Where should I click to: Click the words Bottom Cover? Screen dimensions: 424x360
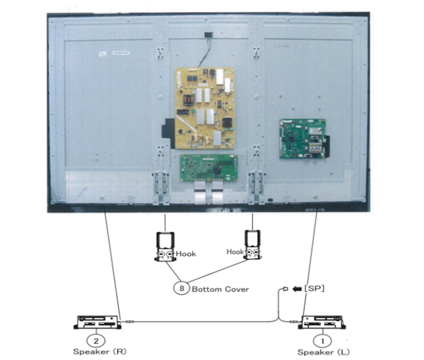click(x=220, y=289)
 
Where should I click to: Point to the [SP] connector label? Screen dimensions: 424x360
click(x=315, y=289)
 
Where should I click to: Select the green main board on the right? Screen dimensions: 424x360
click(x=301, y=138)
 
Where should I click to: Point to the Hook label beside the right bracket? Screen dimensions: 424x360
click(x=235, y=251)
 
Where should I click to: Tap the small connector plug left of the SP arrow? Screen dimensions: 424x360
click(x=285, y=289)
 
